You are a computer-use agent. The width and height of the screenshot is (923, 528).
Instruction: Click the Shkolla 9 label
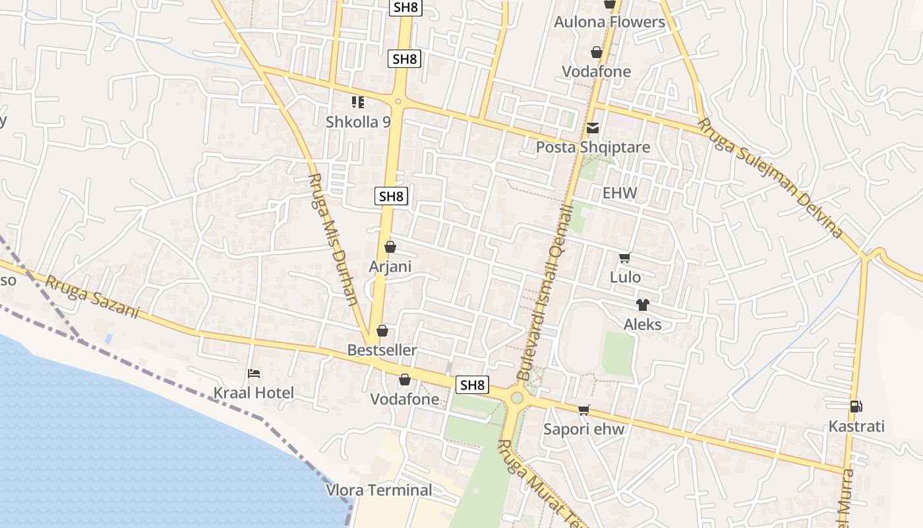358,122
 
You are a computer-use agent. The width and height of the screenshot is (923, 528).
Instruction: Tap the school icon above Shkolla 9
358,102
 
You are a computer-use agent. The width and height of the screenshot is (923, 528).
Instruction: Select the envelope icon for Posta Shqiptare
593,128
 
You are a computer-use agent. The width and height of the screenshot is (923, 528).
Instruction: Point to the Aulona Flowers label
609,22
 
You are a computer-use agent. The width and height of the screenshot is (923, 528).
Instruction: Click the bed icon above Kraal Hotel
254,374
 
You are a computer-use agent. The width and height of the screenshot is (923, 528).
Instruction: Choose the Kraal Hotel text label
254,393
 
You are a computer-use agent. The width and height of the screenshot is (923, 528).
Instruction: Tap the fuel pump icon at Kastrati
856,407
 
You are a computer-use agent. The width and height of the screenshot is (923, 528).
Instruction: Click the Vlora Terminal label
379,490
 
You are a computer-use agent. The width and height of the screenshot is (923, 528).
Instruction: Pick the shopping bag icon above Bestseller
382,331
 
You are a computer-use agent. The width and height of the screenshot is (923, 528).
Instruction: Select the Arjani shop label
390,267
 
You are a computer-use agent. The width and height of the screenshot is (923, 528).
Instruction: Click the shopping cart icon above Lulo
624,258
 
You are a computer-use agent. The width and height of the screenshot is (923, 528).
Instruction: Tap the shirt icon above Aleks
642,305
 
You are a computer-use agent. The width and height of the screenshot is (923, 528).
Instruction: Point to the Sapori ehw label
583,430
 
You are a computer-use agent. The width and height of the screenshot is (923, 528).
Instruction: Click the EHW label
620,193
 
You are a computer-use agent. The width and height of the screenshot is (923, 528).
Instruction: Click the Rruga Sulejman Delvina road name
771,178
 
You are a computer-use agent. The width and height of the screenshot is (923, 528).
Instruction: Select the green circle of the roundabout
517,398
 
